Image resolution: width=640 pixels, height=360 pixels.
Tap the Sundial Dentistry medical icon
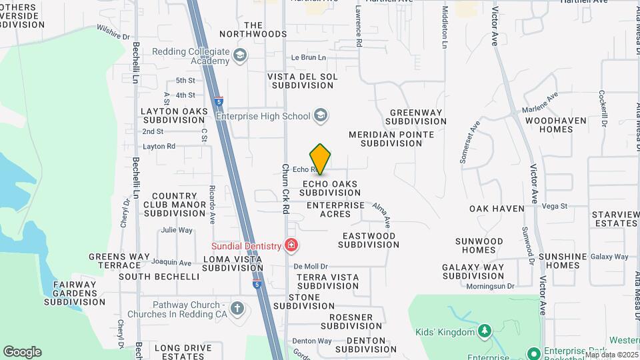291,246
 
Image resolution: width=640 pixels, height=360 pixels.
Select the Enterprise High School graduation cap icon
321,116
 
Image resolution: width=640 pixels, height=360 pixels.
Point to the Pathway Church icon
237,309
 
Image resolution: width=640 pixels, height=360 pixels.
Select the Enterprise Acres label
335,209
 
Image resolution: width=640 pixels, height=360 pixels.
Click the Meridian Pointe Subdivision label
391,139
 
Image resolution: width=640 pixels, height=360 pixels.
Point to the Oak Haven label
497,209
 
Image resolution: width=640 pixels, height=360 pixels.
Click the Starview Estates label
615,219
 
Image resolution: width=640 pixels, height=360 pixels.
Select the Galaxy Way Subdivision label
473,271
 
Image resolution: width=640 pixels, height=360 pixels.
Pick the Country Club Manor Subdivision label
175,204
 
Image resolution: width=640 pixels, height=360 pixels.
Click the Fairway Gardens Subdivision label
75,293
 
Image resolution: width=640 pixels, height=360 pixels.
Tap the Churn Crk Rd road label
285,189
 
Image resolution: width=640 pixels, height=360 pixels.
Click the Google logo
22,351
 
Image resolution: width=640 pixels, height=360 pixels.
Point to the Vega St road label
555,206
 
